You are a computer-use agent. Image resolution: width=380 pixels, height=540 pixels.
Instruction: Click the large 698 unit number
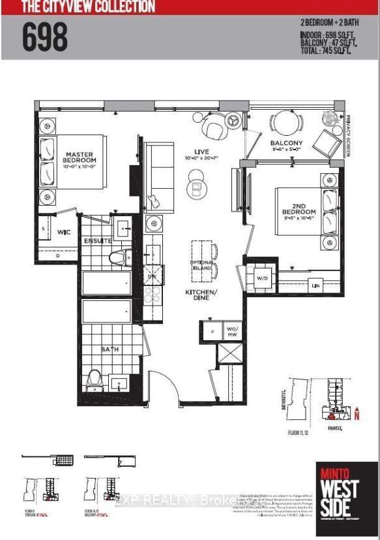tap(46, 37)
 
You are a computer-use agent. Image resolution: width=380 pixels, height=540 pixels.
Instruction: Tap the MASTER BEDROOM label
tap(80, 157)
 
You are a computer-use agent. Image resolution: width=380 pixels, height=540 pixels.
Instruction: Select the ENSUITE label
tap(97, 241)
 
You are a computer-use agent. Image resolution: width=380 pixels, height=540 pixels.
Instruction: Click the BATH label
tap(109, 350)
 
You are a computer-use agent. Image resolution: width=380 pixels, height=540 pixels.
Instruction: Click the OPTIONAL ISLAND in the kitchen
tap(202, 265)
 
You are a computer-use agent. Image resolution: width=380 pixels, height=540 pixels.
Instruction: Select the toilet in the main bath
tap(94, 380)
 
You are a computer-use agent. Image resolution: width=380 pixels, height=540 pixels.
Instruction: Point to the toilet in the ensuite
tap(117, 257)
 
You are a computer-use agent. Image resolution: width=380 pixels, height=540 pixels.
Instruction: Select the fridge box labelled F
tap(211, 331)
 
